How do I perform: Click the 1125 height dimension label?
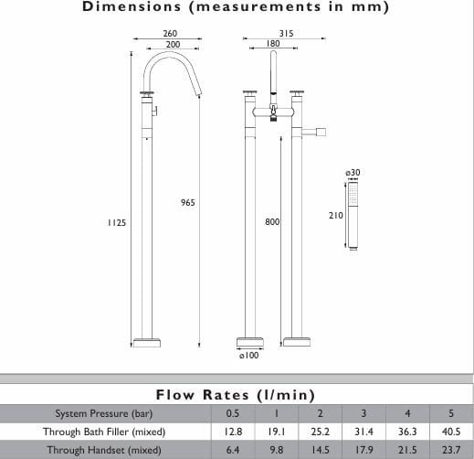tap(117, 223)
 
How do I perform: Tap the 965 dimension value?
tap(188, 203)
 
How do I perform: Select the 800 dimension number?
tap(272, 222)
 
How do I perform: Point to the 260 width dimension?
tap(170, 33)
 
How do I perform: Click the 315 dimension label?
tap(286, 33)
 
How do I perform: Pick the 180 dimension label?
tap(273, 44)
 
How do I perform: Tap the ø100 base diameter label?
tap(249, 356)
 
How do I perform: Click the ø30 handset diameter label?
tap(353, 173)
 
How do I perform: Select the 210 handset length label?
tap(336, 216)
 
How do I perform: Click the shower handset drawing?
tap(353, 216)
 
